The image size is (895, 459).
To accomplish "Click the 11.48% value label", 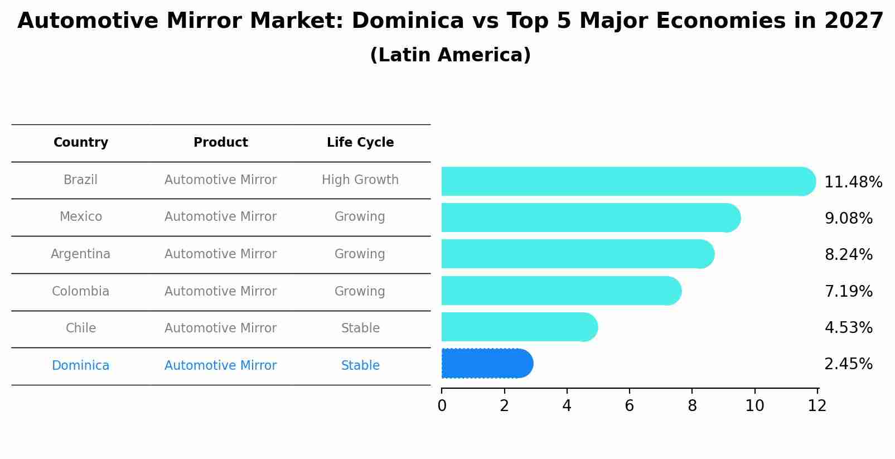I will coord(853,182).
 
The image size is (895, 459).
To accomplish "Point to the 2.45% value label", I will coord(848,364).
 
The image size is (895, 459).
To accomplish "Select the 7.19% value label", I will coord(848,291).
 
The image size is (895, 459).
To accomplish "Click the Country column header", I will coord(81,143).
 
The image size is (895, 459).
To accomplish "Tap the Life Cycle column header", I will coord(360,143).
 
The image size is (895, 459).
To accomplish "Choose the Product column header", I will coord(221,143).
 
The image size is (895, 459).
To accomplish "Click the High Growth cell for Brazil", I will coord(360,180).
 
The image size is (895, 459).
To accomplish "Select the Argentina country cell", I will coord(81,254).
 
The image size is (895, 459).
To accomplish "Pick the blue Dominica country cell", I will coord(81,366).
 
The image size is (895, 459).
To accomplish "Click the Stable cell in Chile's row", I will coord(360,328).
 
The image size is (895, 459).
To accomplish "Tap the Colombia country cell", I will coord(81,292).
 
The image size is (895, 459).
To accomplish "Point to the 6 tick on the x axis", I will coord(630,405).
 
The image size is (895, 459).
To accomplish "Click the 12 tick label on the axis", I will coord(817,405).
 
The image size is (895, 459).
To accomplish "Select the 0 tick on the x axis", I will coord(442,405).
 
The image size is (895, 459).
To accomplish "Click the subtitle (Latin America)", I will coord(450,55).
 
